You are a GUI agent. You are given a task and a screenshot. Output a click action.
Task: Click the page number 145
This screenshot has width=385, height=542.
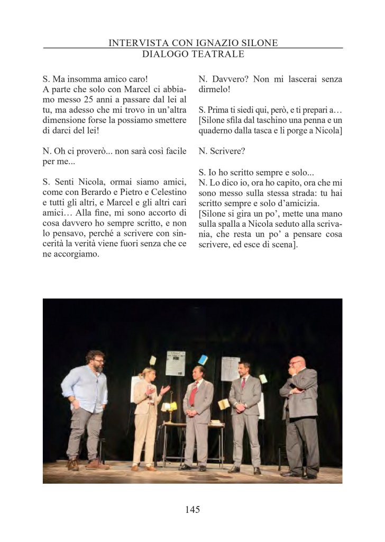point(192,509)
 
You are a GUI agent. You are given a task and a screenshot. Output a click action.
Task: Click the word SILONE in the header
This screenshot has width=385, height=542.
point(259,42)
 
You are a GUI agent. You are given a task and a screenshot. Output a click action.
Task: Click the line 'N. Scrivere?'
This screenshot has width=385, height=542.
point(222,151)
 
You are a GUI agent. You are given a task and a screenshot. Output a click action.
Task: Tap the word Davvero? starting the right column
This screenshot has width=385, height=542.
point(228,79)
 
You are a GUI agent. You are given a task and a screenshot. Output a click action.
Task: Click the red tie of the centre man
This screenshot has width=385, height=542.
point(194,393)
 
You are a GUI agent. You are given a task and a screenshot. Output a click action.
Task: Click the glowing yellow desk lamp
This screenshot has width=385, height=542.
point(171,406)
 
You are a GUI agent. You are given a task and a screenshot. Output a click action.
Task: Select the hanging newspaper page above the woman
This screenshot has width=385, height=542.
point(175,363)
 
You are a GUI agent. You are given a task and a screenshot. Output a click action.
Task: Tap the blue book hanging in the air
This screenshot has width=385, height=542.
point(203,360)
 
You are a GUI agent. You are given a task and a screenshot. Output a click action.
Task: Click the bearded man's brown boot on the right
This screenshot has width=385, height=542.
point(97,465)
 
